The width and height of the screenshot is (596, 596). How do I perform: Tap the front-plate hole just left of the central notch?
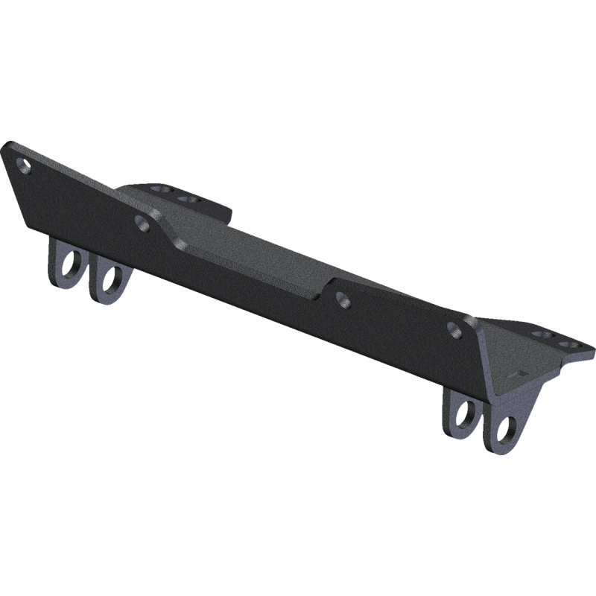pyautogui.click(x=142, y=221)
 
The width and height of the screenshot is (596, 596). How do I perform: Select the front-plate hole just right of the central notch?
pyautogui.click(x=343, y=299)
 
